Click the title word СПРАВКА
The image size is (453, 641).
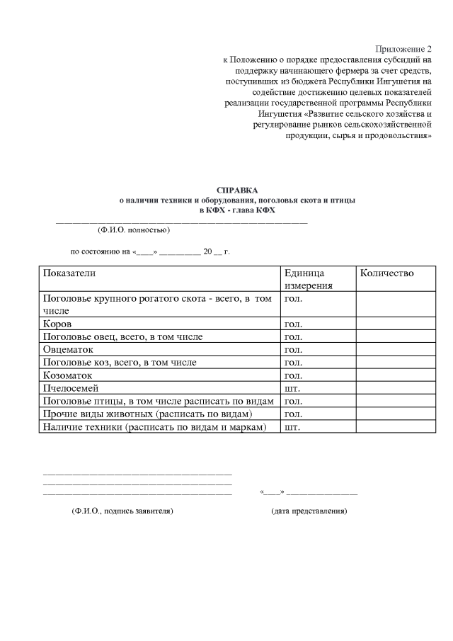click(237, 190)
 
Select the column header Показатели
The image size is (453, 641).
click(69, 273)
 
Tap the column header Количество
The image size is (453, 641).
click(387, 273)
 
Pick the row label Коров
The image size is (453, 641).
click(57, 324)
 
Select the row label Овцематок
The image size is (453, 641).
click(69, 350)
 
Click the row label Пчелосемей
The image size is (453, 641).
click(71, 388)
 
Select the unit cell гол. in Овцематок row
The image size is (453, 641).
click(292, 350)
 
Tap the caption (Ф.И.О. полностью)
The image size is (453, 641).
click(133, 229)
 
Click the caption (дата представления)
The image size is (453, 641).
click(309, 511)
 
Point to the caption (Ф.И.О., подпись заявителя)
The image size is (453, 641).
click(122, 511)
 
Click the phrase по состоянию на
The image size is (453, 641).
click(100, 251)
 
